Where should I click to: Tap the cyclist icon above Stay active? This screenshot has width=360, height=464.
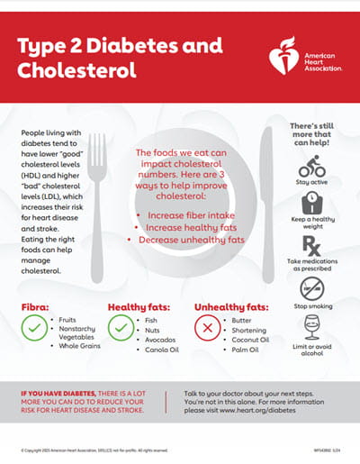tap(312, 167)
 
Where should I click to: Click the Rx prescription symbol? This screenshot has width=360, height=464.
tap(312, 244)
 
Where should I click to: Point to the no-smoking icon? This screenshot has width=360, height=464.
tap(312, 289)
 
